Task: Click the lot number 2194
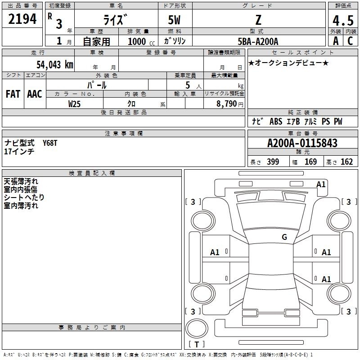[x=22, y=19]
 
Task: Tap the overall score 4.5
[x=343, y=20]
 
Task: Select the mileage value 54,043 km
[x=55, y=65]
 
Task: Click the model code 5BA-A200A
[x=258, y=41]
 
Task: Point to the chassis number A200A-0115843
[x=302, y=143]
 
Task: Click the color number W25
[x=74, y=104]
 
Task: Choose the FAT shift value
[x=13, y=94]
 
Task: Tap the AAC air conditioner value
[x=35, y=94]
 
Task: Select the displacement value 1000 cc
[x=141, y=41]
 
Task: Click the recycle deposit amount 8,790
[x=227, y=104]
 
